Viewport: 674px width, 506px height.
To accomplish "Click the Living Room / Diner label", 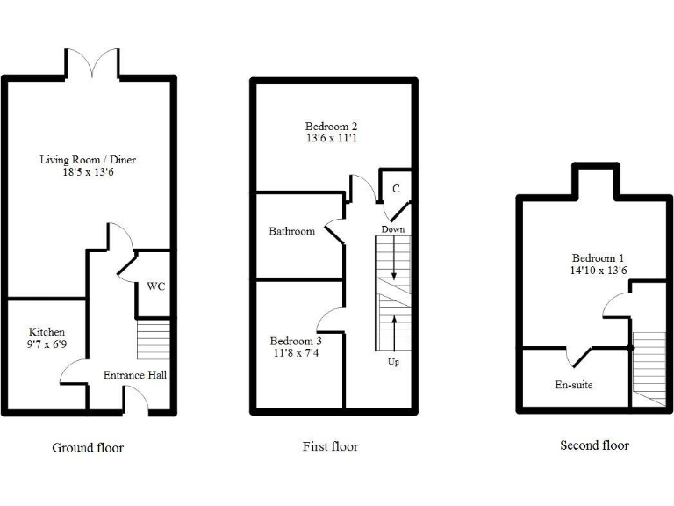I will (x=88, y=160).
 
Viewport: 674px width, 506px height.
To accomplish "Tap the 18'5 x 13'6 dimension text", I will (x=88, y=173).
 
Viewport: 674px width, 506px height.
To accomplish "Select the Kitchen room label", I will (x=47, y=331).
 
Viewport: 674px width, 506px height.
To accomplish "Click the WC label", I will (x=155, y=286).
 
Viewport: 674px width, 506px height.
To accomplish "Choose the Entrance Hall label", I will (x=135, y=375).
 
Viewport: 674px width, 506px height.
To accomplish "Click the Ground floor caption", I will (x=88, y=448).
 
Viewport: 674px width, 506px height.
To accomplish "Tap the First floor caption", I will (x=330, y=446).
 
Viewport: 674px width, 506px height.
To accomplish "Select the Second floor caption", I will (x=594, y=445).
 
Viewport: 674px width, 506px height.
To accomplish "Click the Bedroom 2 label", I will (x=332, y=126).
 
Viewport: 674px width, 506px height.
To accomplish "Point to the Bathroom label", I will (x=291, y=232).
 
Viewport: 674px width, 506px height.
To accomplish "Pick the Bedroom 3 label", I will (x=296, y=341).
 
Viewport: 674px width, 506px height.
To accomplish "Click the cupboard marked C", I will (x=397, y=189).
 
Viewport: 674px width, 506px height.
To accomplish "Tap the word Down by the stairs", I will (x=392, y=229).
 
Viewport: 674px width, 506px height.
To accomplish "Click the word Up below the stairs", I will (x=393, y=361).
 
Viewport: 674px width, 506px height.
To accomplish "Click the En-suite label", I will (x=574, y=384).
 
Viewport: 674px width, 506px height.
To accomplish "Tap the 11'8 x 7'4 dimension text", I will (x=296, y=353).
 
